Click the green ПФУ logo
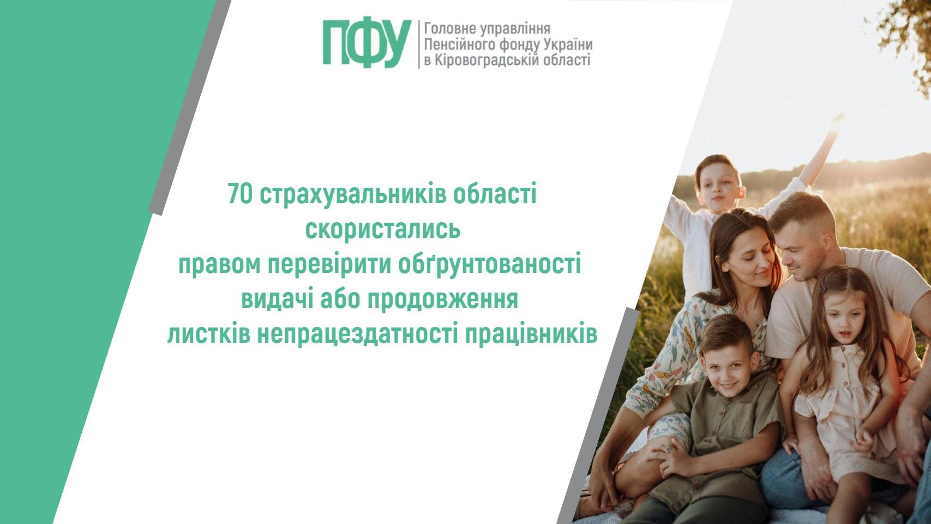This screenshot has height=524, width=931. (x=367, y=44)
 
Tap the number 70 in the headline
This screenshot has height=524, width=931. (x=240, y=194)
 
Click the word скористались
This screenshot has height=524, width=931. (x=383, y=229)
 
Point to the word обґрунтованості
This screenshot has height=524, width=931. (x=489, y=265)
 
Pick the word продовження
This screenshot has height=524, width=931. (x=443, y=300)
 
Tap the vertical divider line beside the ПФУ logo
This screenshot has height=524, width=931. (x=418, y=44)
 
